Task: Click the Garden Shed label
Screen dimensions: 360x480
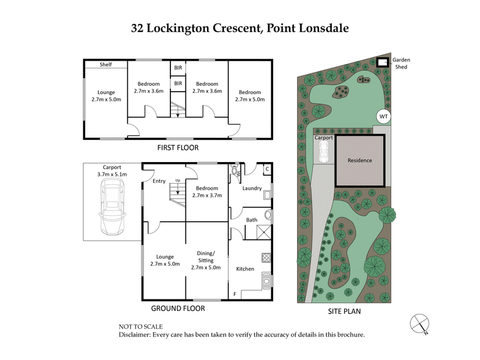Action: tap(400, 64)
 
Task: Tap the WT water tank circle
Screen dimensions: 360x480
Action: tap(382, 116)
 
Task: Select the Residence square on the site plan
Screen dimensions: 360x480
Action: tap(360, 160)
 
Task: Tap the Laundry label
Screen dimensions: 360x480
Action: tap(252, 188)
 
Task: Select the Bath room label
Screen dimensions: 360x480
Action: tap(252, 220)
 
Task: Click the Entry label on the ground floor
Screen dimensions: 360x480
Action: tap(159, 181)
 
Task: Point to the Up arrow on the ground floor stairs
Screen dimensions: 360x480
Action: tap(177, 185)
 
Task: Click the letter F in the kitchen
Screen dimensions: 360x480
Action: tap(235, 294)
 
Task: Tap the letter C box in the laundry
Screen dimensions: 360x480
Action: tap(267, 170)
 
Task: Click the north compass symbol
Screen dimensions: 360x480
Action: tap(420, 323)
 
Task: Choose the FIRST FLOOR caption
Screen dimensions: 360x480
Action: tap(178, 148)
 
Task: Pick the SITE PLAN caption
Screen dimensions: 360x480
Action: tap(344, 311)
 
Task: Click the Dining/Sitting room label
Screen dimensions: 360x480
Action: tap(206, 257)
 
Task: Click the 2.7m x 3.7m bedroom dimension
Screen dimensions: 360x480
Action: tap(207, 195)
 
